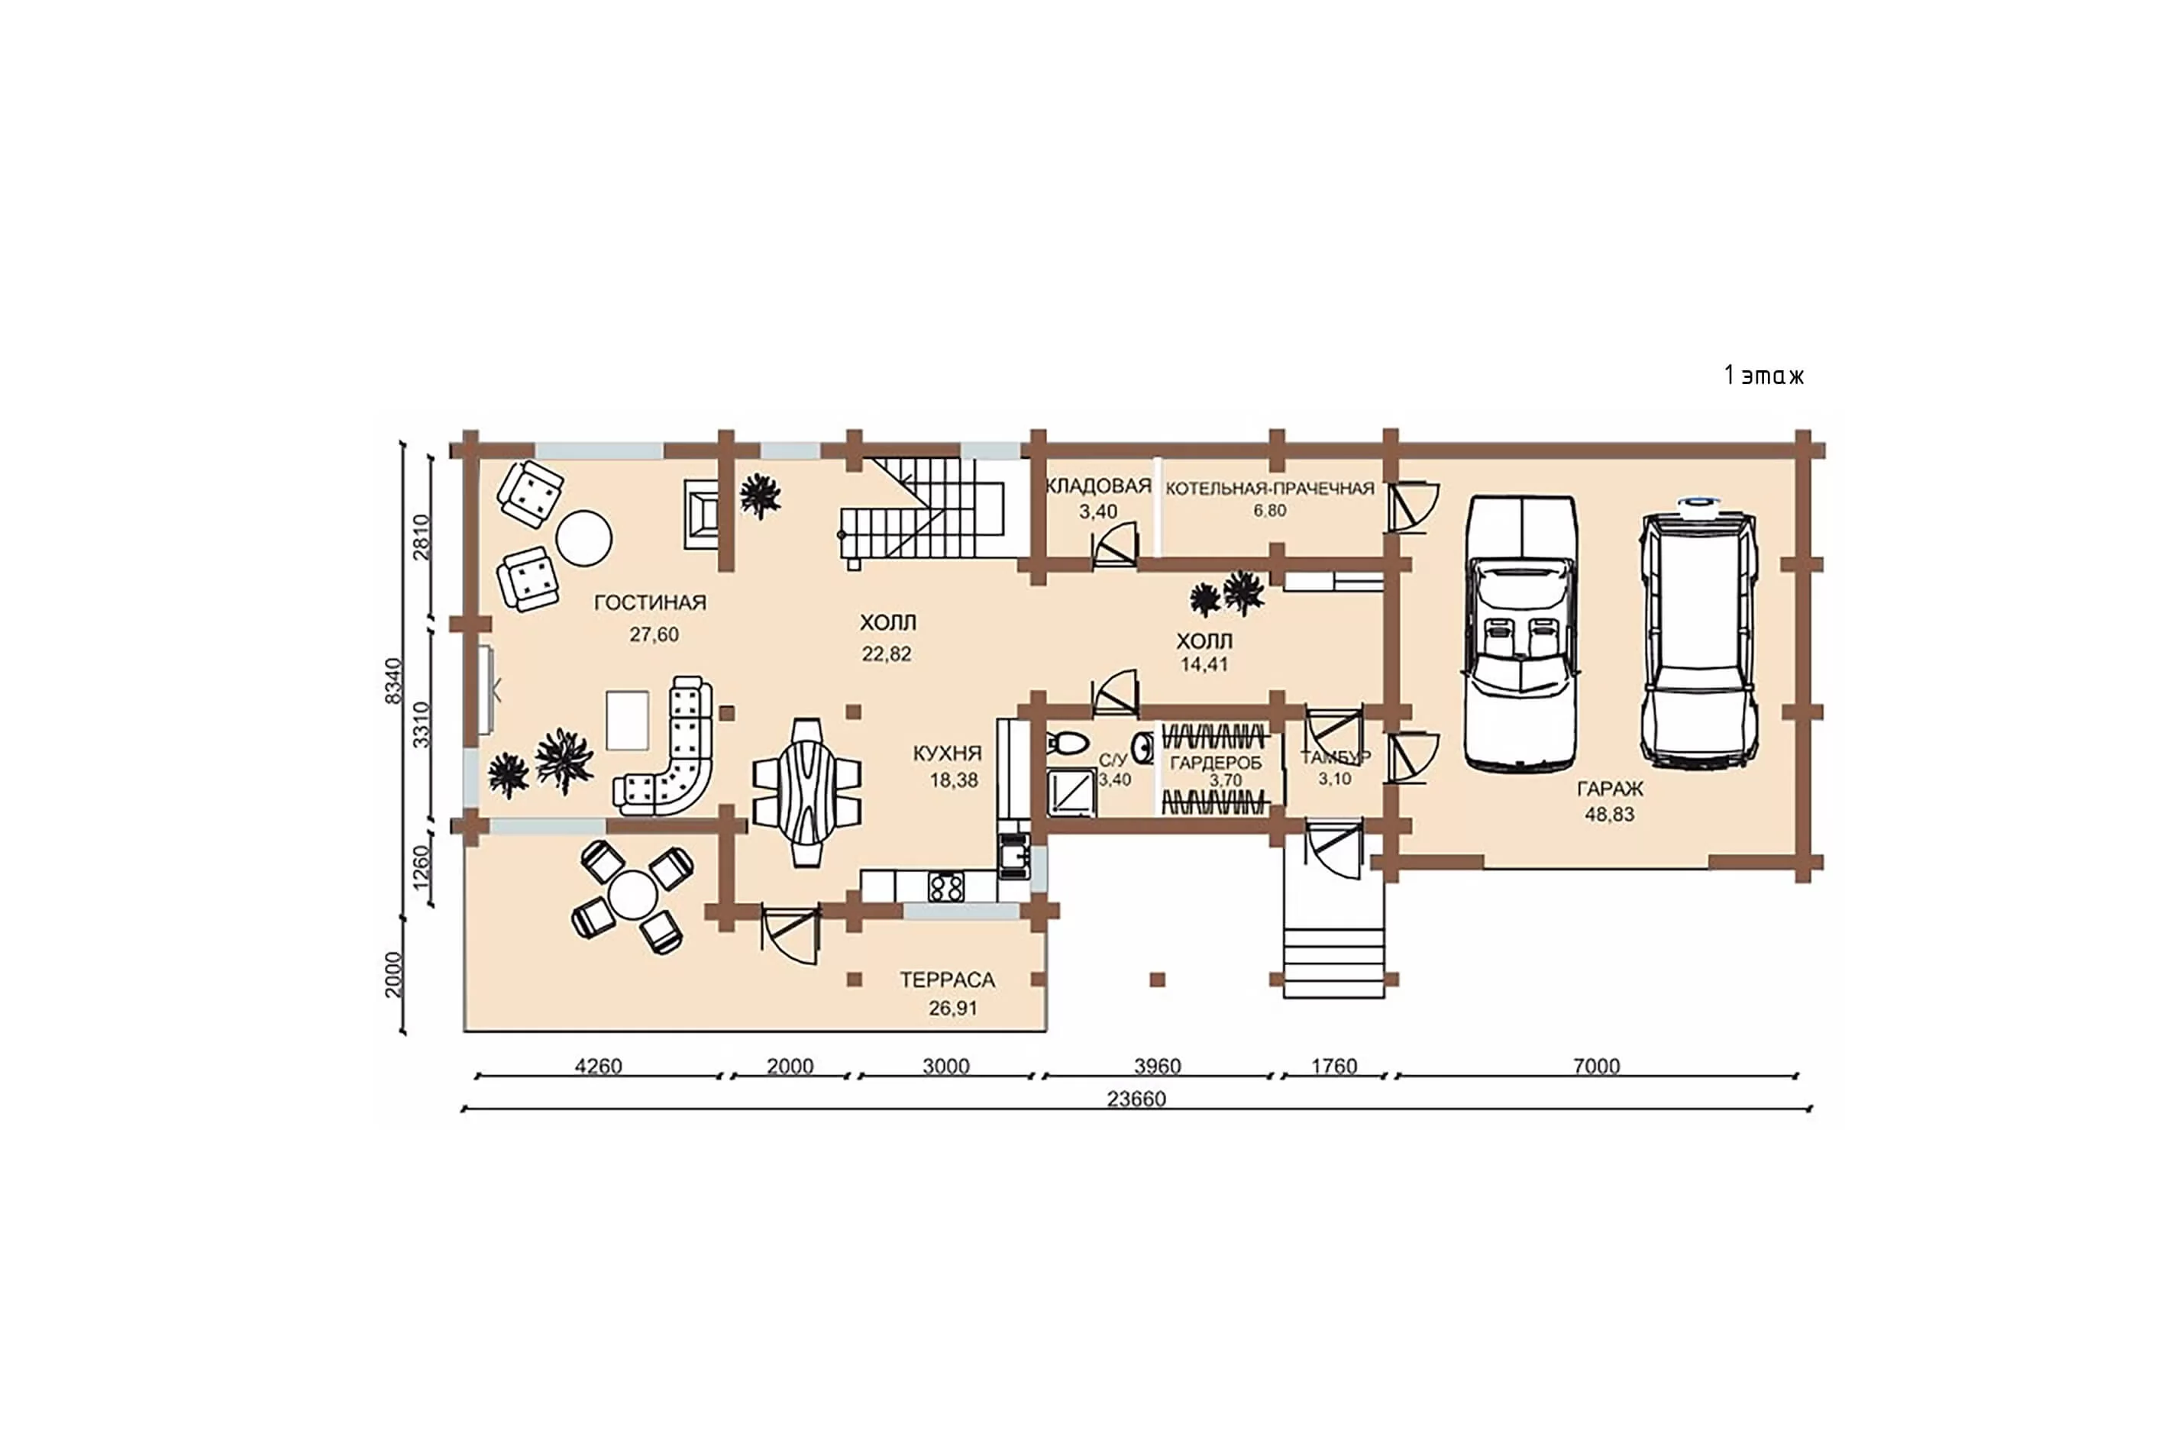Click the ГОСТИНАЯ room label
(x=650, y=603)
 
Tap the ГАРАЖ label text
(x=1609, y=789)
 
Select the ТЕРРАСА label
(x=947, y=980)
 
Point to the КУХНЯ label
(x=947, y=753)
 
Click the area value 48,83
(x=1609, y=815)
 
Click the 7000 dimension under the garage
(x=1596, y=1066)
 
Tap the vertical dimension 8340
(x=393, y=681)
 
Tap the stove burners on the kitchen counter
(x=945, y=887)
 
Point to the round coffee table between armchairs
(x=583, y=538)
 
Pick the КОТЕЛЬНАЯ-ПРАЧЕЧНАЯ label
(x=1269, y=489)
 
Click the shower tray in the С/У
(x=1071, y=793)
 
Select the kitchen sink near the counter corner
(x=1016, y=857)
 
